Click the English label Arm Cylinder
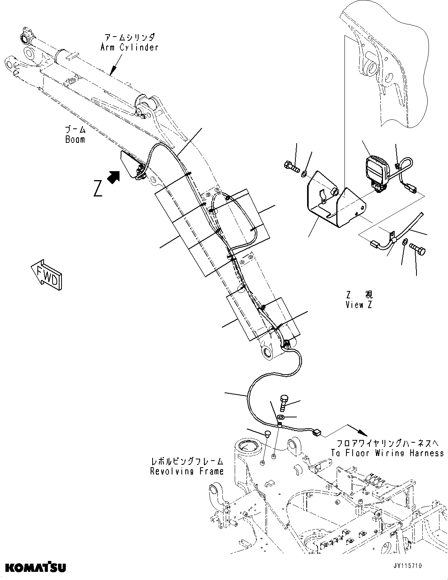pos(129,47)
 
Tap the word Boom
pos(75,139)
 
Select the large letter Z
pos(98,189)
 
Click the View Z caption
pos(358,305)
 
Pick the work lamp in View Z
pos(376,172)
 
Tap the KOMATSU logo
pos(35,568)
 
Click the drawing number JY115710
pos(407,566)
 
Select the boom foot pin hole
pos(268,352)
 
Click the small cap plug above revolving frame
pos(267,433)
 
